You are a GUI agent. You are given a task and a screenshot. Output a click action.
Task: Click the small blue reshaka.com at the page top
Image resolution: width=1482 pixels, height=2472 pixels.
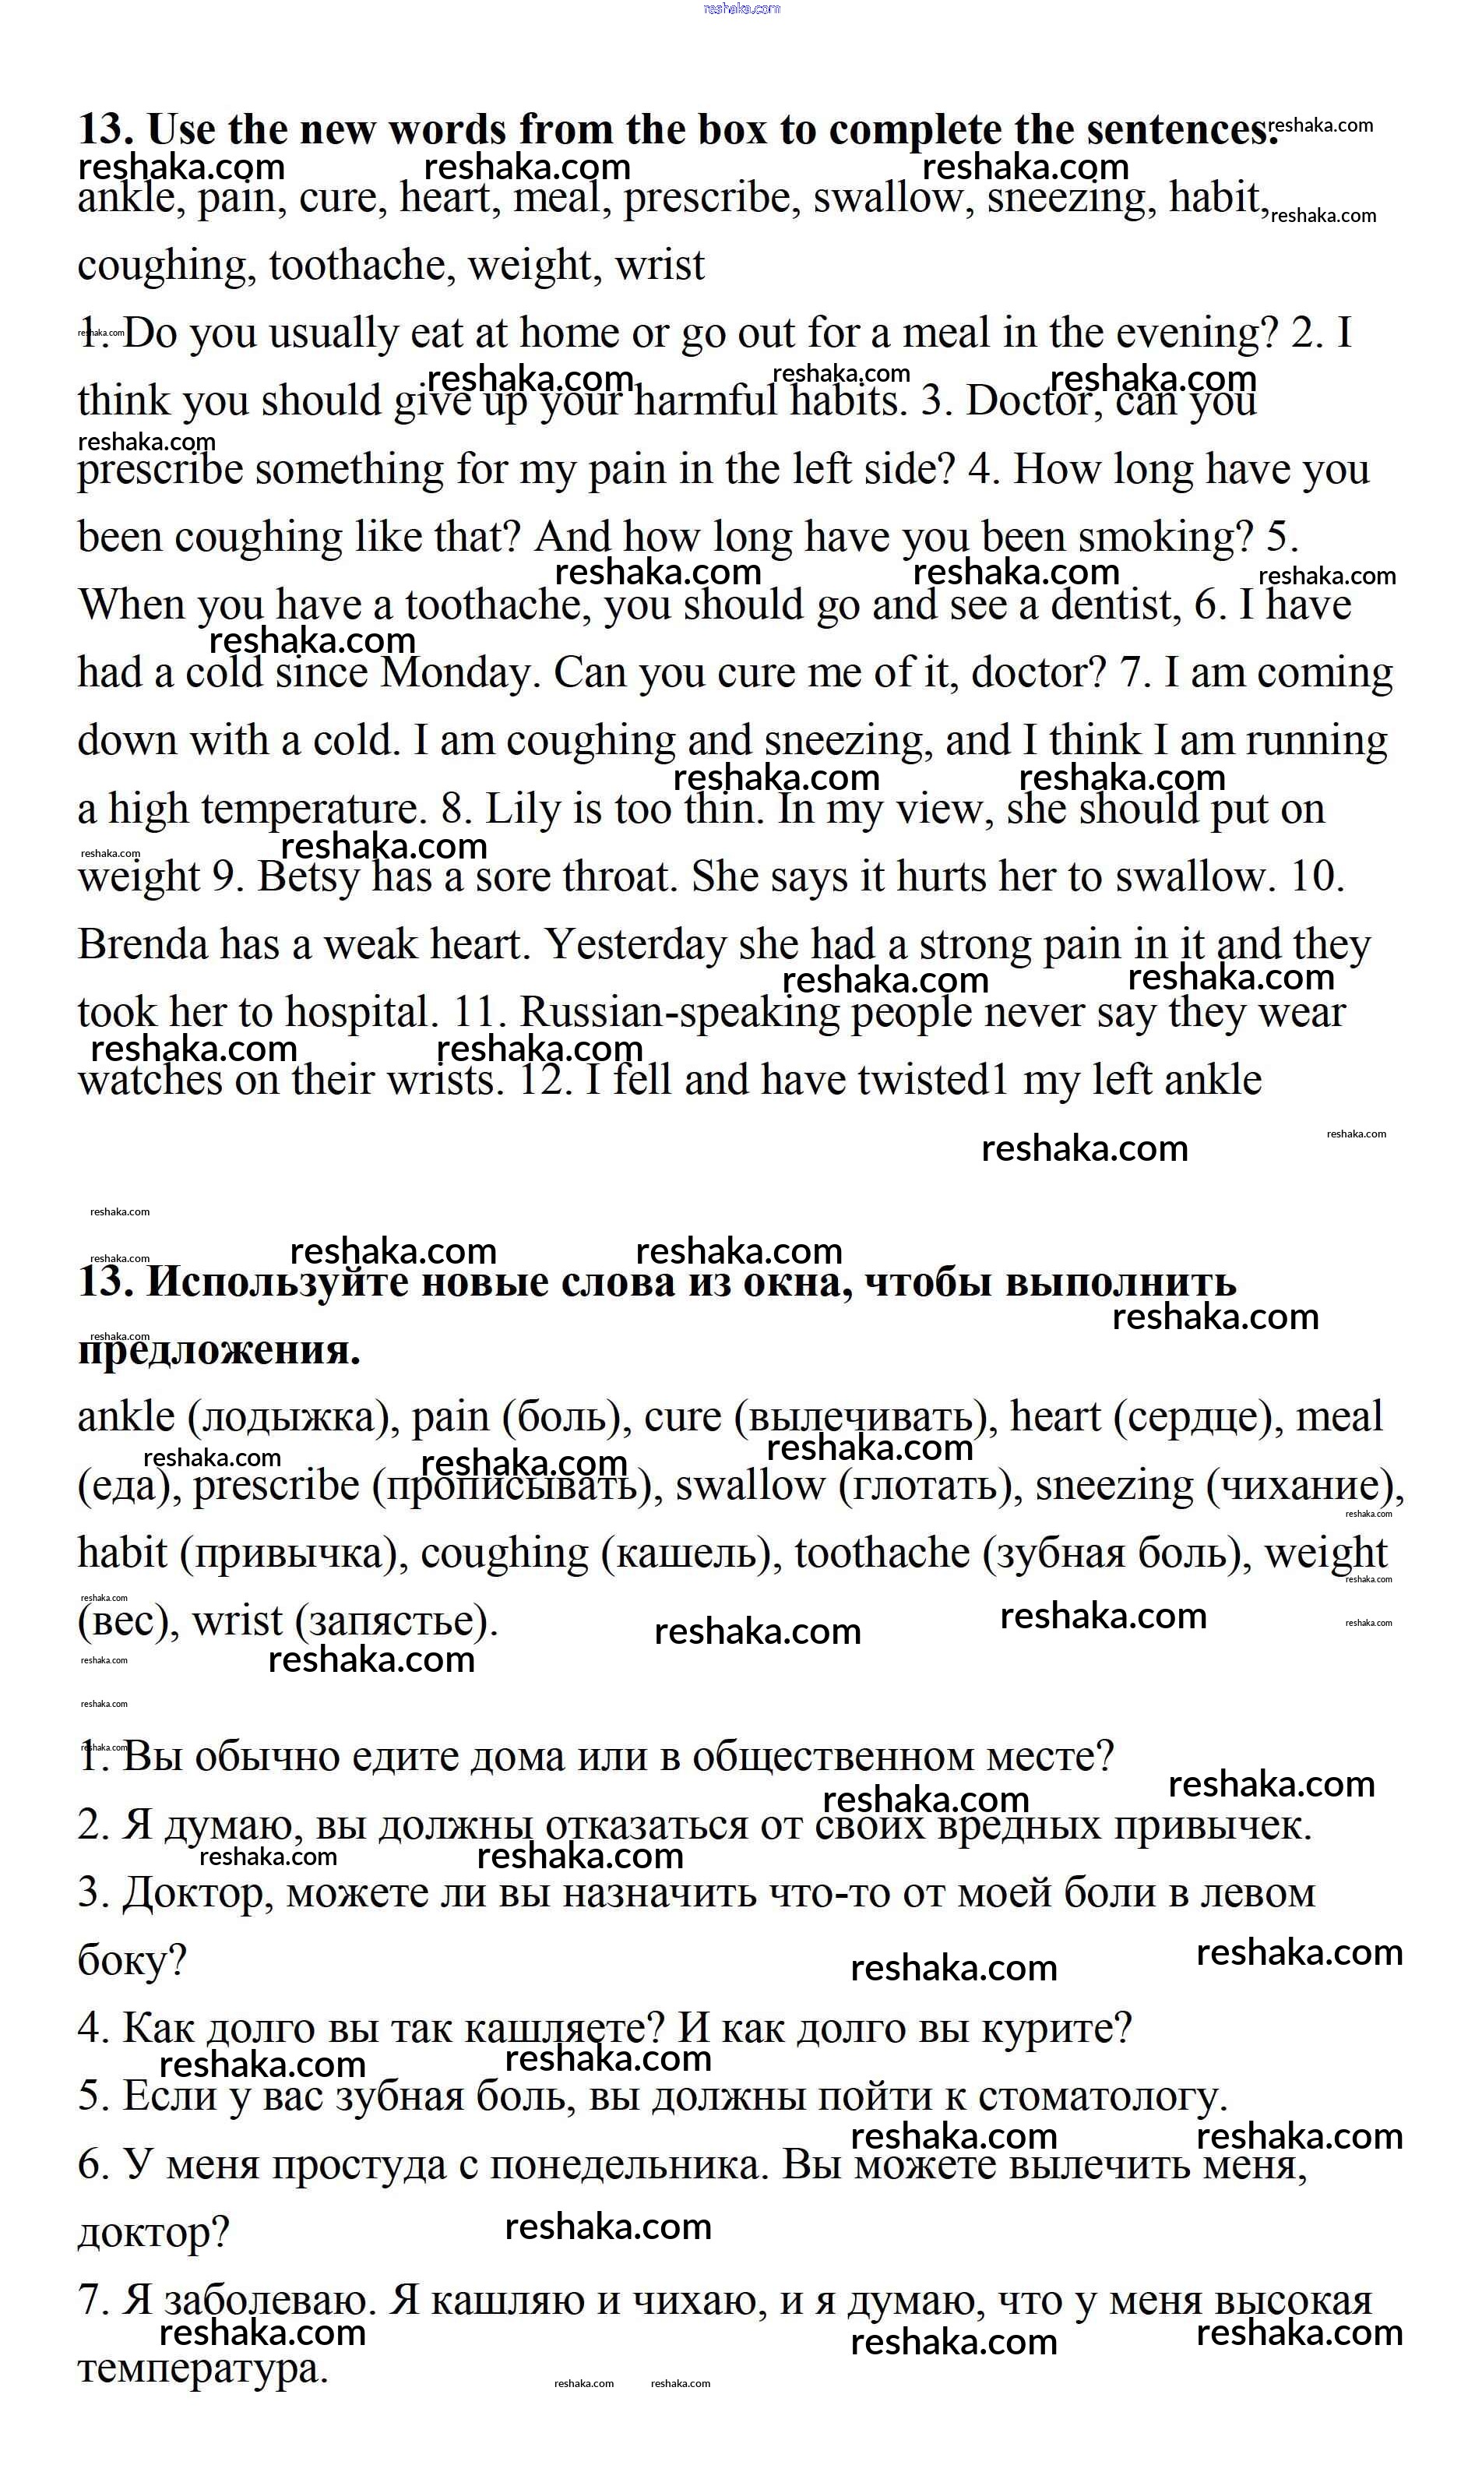coord(741,9)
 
